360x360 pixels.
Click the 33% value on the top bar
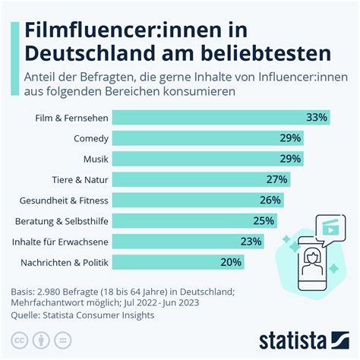[316, 118]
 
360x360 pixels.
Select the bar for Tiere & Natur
[197, 179]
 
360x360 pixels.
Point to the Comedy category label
[91, 138]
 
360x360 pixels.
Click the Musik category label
[96, 159]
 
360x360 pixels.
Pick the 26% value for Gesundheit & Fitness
[270, 200]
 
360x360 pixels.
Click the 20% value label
[230, 261]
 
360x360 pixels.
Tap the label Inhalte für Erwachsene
[61, 242]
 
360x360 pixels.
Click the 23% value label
[251, 242]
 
